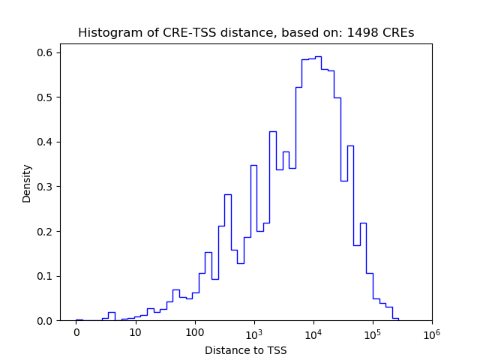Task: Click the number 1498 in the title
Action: click(x=362, y=33)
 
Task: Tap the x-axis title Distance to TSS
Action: click(x=246, y=349)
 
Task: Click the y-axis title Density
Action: click(x=27, y=183)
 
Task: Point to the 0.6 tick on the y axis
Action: click(x=46, y=52)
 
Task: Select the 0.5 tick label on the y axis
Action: click(x=46, y=97)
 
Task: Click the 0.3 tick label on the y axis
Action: click(x=46, y=187)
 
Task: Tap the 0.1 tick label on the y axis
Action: click(x=46, y=276)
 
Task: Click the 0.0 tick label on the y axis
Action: click(x=46, y=321)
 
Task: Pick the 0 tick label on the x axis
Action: click(x=76, y=331)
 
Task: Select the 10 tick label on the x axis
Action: click(x=136, y=331)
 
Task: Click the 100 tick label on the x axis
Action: click(x=195, y=331)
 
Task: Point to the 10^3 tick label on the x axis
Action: click(x=254, y=331)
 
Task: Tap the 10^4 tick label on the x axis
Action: click(x=313, y=331)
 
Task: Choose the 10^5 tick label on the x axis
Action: click(x=373, y=331)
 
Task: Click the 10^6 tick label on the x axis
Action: click(x=432, y=331)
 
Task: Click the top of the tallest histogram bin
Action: click(x=318, y=56)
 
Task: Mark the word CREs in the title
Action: click(x=399, y=33)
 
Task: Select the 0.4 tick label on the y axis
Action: click(x=46, y=142)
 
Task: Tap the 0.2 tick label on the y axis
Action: click(x=46, y=231)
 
